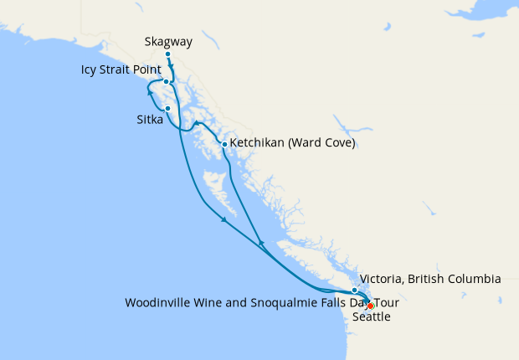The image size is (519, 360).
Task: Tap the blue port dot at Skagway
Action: pyautogui.click(x=168, y=54)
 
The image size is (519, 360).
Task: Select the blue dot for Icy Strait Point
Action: pyautogui.click(x=167, y=82)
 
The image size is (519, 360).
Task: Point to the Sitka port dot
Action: pyautogui.click(x=168, y=108)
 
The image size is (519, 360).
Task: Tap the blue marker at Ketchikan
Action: pyautogui.click(x=224, y=144)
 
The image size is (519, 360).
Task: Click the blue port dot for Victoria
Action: pyautogui.click(x=354, y=290)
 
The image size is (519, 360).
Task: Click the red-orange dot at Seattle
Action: pyautogui.click(x=370, y=306)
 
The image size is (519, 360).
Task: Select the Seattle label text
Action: pyautogui.click(x=371, y=317)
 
